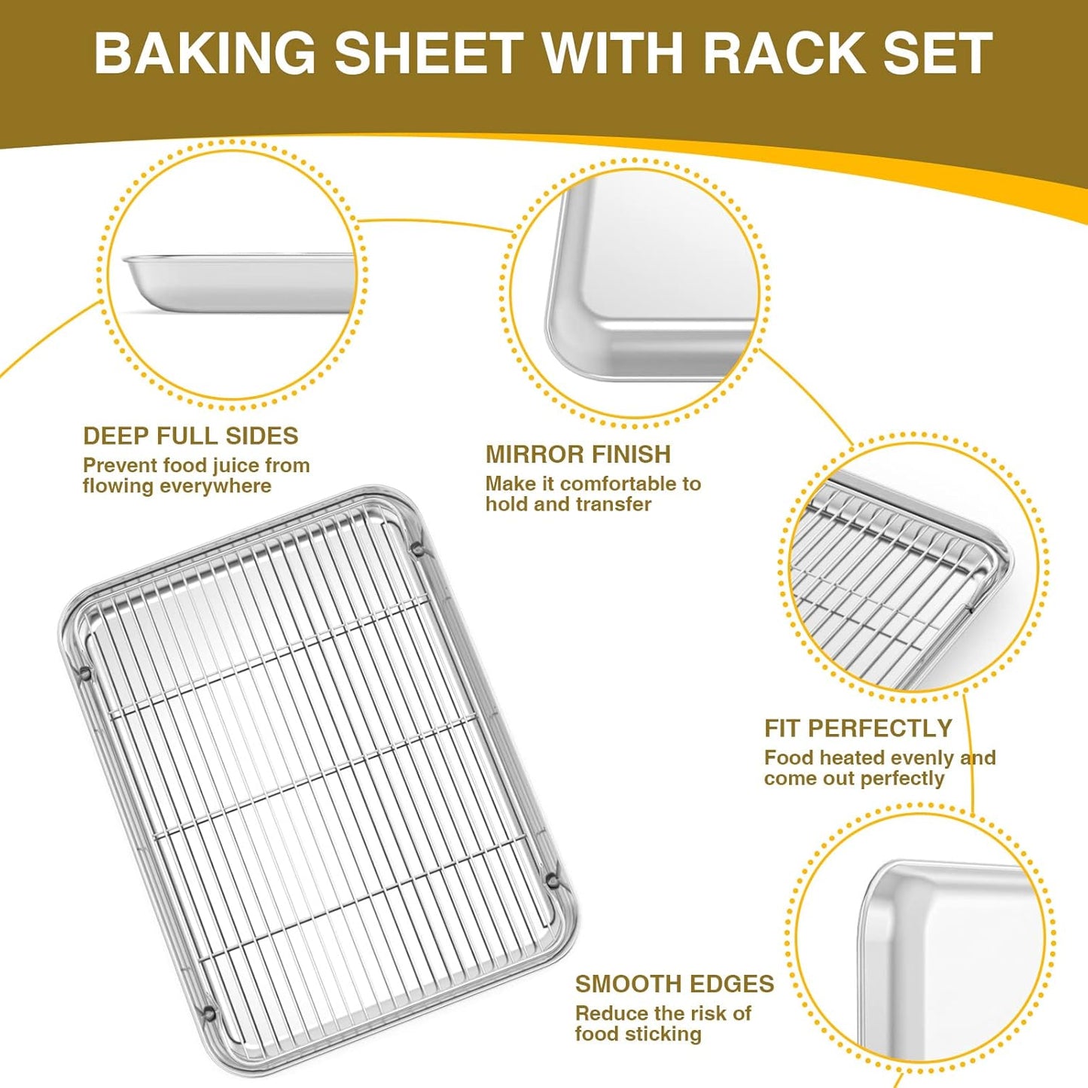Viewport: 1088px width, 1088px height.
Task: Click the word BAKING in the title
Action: tap(204, 53)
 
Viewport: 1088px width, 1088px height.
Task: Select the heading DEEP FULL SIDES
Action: tap(190, 436)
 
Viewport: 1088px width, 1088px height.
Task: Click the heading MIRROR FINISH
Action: tap(578, 454)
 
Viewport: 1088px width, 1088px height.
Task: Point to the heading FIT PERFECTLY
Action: tap(858, 728)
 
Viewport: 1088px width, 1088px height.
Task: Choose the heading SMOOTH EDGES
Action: tap(674, 984)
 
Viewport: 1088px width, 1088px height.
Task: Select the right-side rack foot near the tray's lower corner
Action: tap(552, 878)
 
